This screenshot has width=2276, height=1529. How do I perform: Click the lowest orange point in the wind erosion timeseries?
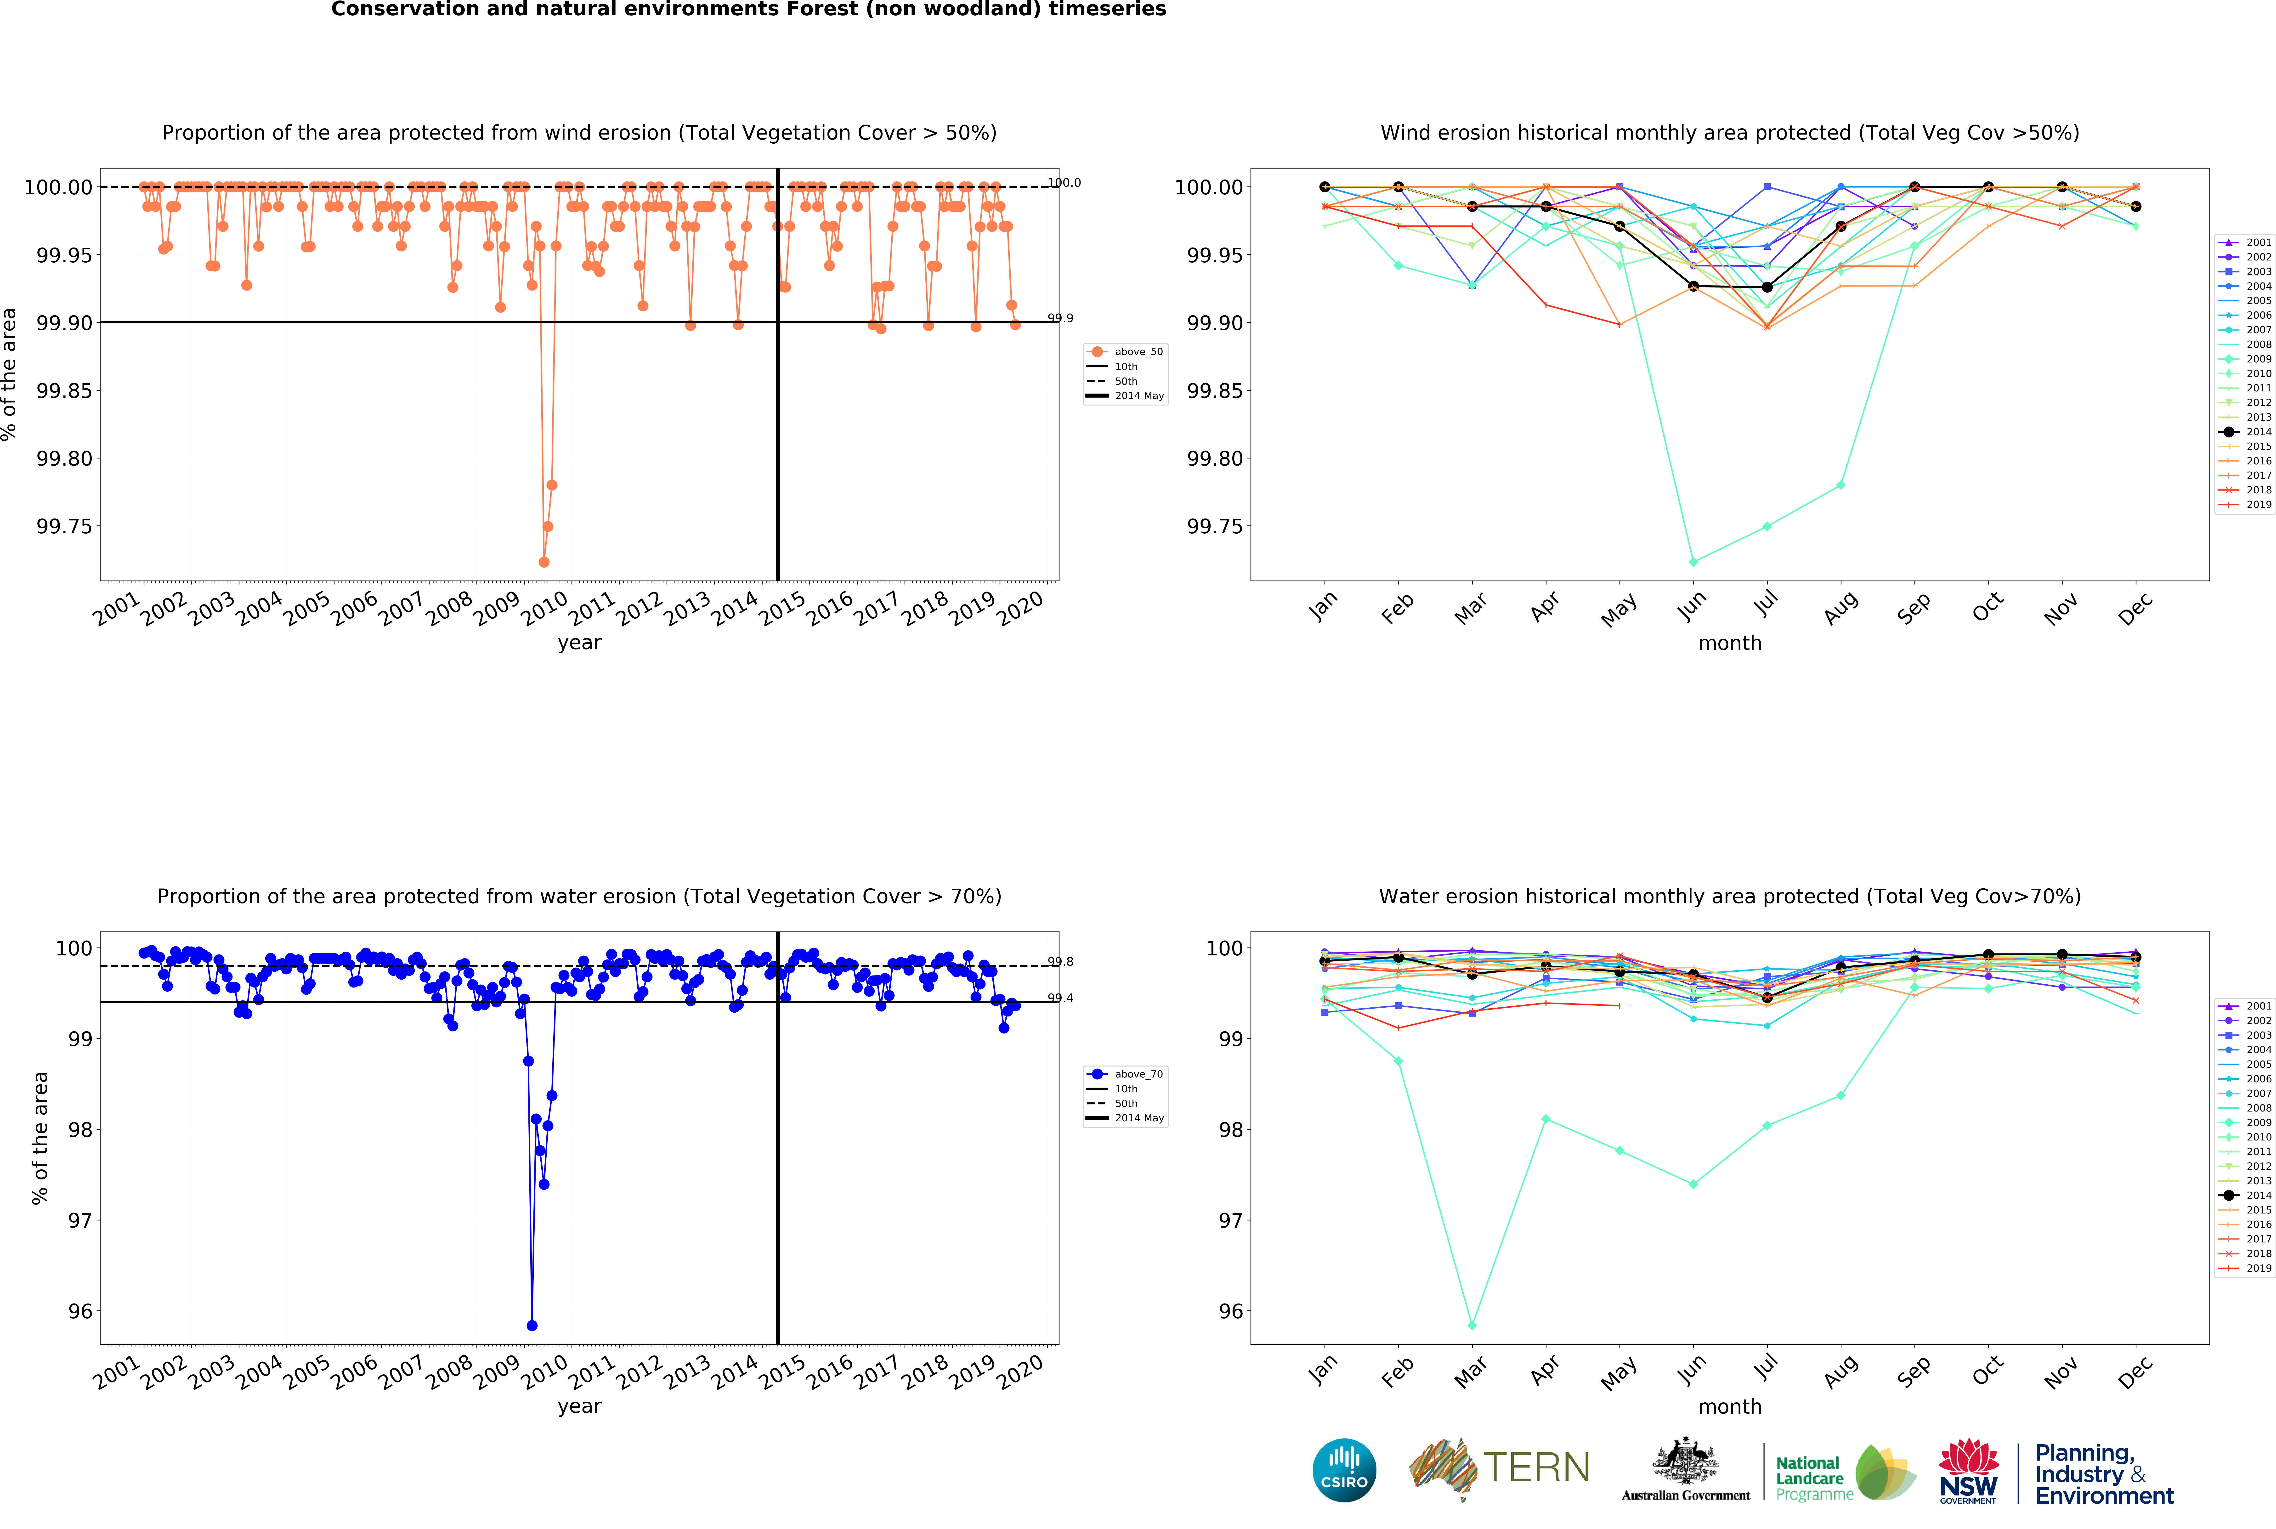(543, 562)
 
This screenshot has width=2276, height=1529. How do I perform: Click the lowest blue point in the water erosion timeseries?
(532, 1325)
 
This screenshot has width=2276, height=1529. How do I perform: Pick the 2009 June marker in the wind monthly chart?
(1693, 562)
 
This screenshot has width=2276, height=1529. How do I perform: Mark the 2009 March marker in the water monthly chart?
(1472, 1325)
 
